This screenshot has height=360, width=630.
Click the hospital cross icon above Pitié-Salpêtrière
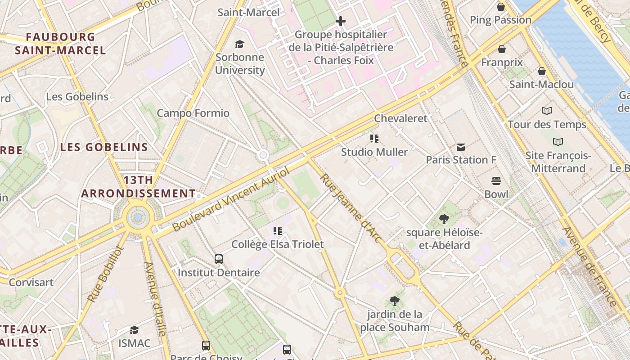tap(341, 21)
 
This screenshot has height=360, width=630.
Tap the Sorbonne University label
tap(240, 63)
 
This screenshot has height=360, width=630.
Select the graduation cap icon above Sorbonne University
tap(239, 44)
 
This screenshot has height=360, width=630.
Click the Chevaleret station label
tap(400, 118)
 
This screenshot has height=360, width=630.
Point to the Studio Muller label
tap(374, 152)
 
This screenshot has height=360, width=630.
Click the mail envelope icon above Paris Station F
tap(461, 147)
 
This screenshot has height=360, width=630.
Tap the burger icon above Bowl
tap(496, 181)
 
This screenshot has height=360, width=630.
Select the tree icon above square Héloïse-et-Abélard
tap(444, 219)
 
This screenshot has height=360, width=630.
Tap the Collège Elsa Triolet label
tap(278, 244)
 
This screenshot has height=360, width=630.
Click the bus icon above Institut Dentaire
tap(219, 259)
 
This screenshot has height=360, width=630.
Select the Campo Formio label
tap(193, 113)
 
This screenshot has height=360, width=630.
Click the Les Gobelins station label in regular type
tap(77, 97)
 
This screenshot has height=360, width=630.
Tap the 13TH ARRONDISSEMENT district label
tap(138, 187)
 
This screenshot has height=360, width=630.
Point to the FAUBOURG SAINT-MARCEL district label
tap(60, 43)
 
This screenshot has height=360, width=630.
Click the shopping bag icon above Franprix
tap(502, 49)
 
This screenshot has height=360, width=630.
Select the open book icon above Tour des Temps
tap(547, 111)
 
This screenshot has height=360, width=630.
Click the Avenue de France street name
tap(589, 266)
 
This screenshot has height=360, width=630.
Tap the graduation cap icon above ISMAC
tap(134, 330)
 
